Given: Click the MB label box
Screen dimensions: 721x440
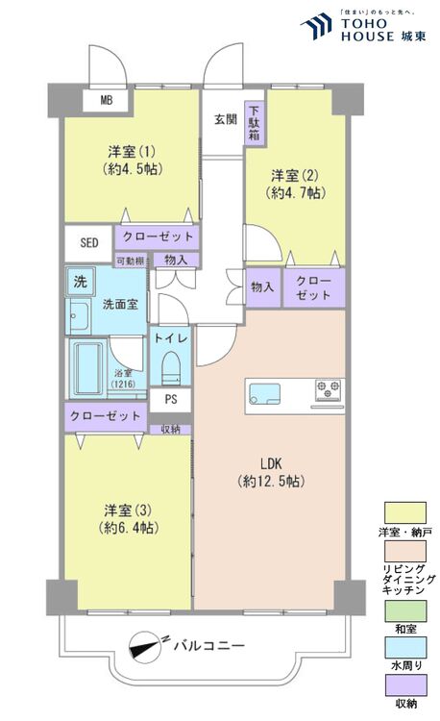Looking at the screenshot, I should tap(105, 98).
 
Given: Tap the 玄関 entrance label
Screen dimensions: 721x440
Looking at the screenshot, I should tap(225, 119).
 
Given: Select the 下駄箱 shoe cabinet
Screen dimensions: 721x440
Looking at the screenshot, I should tap(254, 123).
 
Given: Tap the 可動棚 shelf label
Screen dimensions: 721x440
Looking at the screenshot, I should tap(131, 260).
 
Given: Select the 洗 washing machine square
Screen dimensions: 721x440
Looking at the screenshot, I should tap(79, 283).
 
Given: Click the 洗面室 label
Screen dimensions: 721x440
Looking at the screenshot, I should tap(120, 304).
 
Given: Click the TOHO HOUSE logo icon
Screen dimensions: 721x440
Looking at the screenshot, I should tap(316, 27).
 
